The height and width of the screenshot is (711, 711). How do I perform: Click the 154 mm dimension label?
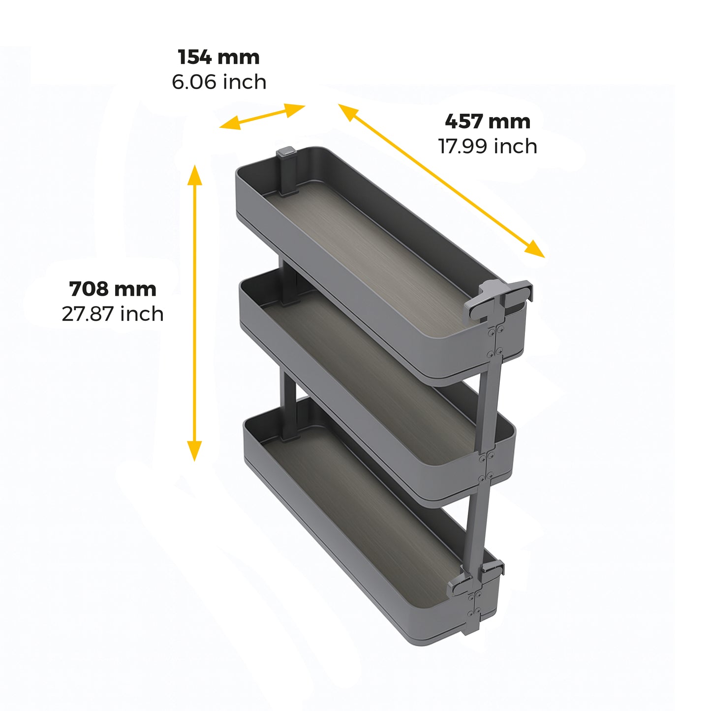(218, 57)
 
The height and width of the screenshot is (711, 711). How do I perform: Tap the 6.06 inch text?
(219, 82)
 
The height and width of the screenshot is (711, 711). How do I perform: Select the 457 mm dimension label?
(487, 122)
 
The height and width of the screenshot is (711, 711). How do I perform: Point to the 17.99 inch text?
(487, 146)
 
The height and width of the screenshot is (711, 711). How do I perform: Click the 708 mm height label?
(113, 289)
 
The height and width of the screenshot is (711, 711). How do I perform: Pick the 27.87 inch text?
(113, 314)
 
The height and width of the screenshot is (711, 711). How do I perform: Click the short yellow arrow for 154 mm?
(262, 117)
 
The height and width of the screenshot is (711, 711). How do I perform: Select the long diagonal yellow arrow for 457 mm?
(441, 181)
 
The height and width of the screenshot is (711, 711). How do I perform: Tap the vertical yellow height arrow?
(195, 313)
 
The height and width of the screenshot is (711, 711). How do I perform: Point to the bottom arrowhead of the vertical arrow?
(195, 452)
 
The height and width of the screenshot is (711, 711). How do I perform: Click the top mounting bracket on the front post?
(498, 298)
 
